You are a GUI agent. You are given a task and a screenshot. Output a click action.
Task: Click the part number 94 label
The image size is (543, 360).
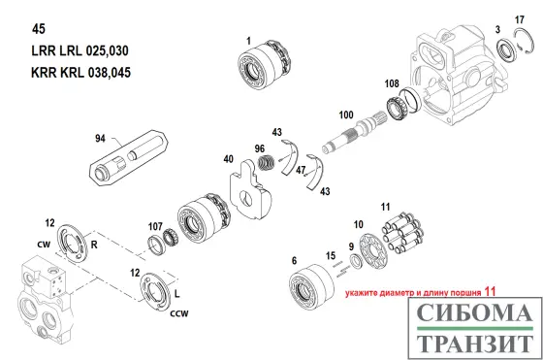pyautogui.click(x=100, y=138)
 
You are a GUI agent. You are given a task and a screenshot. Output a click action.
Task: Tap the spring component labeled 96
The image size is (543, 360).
pyautogui.click(x=267, y=163)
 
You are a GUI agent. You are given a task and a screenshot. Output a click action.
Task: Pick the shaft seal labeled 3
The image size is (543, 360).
pyautogui.click(x=507, y=50)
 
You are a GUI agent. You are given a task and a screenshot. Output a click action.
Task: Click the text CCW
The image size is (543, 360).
pyautogui.click(x=179, y=313)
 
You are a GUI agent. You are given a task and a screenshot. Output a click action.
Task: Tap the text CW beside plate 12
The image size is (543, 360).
pyautogui.click(x=44, y=245)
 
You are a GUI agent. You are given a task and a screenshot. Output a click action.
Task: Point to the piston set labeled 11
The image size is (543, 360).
pyautogui.click(x=403, y=232)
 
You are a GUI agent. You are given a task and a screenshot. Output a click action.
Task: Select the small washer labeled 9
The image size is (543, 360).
pyautogui.click(x=356, y=261)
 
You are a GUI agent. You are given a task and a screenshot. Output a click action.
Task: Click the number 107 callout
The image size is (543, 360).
pyautogui.click(x=155, y=227)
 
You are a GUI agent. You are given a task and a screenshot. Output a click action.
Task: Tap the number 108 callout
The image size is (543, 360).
pyautogui.click(x=392, y=83)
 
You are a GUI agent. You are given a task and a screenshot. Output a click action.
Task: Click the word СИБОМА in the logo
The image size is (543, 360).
pyautogui.click(x=474, y=312)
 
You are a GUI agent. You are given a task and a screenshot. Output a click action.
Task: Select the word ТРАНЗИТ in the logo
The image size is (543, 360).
pyautogui.click(x=474, y=344)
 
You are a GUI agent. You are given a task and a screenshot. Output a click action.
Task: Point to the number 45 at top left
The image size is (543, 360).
pyautogui.click(x=39, y=29)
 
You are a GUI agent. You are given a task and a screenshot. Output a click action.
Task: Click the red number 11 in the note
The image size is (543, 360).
pyautogui.click(x=490, y=292)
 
